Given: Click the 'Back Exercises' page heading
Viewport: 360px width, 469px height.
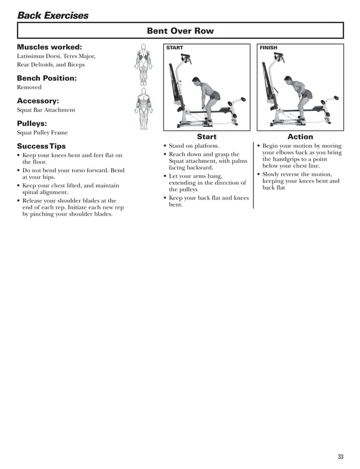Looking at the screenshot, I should pos(53,15).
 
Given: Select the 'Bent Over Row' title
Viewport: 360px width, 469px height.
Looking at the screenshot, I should pos(180,30).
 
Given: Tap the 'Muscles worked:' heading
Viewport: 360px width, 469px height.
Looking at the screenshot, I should pos(49,47).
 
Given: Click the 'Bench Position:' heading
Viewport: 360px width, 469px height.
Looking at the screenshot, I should pos(46,78).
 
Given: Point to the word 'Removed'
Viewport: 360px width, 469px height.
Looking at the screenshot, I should pos(29,87).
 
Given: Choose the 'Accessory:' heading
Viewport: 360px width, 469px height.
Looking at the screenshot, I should pos(38,101).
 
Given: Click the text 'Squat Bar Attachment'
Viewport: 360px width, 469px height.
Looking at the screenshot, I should pos(46,110).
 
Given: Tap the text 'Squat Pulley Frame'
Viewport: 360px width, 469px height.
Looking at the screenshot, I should pos(42,133).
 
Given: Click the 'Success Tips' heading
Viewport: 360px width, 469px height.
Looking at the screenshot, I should pos(41,146).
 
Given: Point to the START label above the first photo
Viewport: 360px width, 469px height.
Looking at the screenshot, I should pos(175,48).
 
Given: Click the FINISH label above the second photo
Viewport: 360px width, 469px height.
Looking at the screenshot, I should pos(269,48).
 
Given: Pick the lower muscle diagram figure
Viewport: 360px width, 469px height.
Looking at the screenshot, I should pos(143,108).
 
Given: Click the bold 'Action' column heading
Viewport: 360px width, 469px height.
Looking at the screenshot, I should pos(300,137).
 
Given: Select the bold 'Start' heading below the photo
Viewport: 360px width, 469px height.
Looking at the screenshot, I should pos(207,137).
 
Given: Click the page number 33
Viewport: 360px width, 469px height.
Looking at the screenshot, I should pos(340,456).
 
